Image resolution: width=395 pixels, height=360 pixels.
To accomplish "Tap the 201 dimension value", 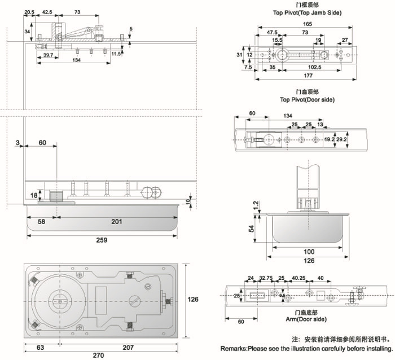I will (116, 222).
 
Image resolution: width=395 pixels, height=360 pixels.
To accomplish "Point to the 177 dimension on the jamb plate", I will (308, 75).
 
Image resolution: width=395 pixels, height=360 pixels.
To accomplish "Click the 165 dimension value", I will (308, 24).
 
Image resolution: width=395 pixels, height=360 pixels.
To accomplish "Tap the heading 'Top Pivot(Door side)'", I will (307, 99).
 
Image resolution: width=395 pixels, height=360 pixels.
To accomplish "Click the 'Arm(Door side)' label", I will (307, 319).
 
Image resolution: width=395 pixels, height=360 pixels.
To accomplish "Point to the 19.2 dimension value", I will (330, 139).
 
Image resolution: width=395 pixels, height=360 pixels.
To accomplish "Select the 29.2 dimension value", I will (343, 139).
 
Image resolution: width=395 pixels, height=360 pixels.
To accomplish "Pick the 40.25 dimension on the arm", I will (299, 278).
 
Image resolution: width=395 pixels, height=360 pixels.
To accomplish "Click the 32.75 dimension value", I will (266, 278).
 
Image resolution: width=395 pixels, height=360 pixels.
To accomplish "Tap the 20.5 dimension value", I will (29, 11).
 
